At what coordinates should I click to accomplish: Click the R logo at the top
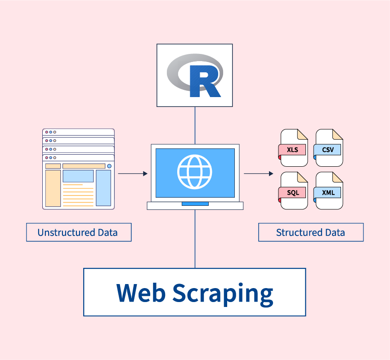(x=194, y=75)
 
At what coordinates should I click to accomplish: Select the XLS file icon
(x=294, y=148)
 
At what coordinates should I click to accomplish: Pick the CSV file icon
(x=329, y=148)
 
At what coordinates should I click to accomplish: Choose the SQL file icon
(x=294, y=192)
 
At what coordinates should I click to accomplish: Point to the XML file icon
(x=329, y=192)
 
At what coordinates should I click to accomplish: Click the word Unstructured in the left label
(x=66, y=232)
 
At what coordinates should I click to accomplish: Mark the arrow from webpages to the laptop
(x=133, y=173)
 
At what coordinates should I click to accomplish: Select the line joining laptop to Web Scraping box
(x=195, y=238)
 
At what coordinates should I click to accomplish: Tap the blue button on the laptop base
(x=195, y=204)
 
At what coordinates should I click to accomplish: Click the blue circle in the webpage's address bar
(x=109, y=166)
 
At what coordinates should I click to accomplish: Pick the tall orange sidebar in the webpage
(x=53, y=188)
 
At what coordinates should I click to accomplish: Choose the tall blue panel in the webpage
(x=103, y=187)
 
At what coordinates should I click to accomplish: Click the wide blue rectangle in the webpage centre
(x=78, y=176)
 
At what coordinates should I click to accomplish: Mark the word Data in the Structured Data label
(x=335, y=232)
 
